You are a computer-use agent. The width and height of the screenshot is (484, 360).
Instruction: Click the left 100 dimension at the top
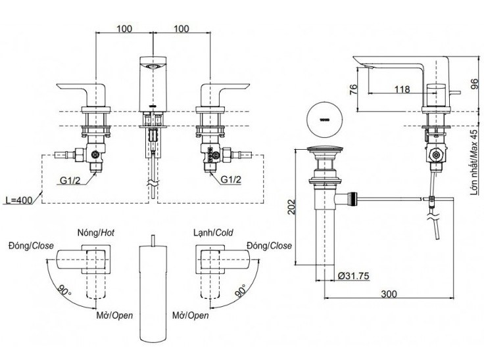click(x=125, y=28)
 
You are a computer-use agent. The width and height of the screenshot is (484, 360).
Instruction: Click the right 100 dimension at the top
click(x=182, y=28)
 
